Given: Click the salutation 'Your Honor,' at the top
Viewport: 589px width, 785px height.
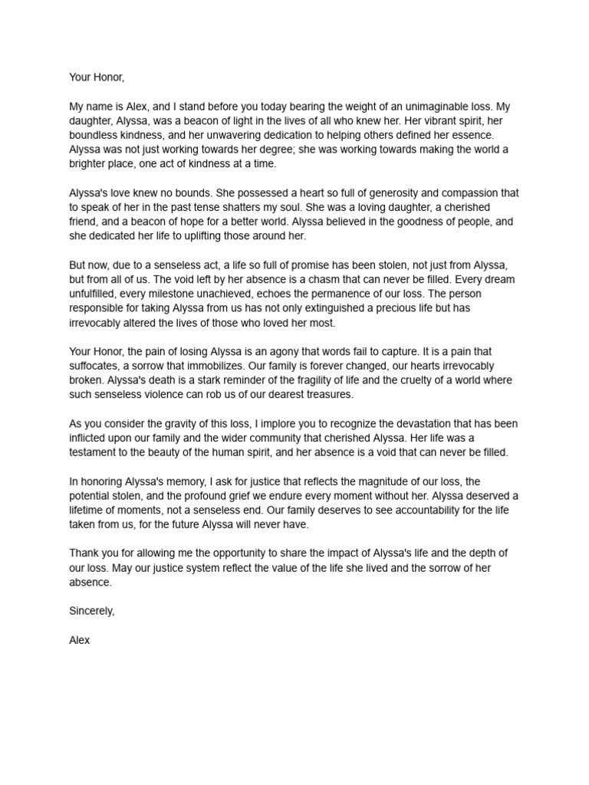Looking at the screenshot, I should pyautogui.click(x=97, y=77).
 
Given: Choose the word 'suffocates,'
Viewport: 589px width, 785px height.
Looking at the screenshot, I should pyautogui.click(x=98, y=366).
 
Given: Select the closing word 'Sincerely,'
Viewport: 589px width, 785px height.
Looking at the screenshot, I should pyautogui.click(x=92, y=611).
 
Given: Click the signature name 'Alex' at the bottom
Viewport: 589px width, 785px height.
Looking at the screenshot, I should pyautogui.click(x=79, y=639).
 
